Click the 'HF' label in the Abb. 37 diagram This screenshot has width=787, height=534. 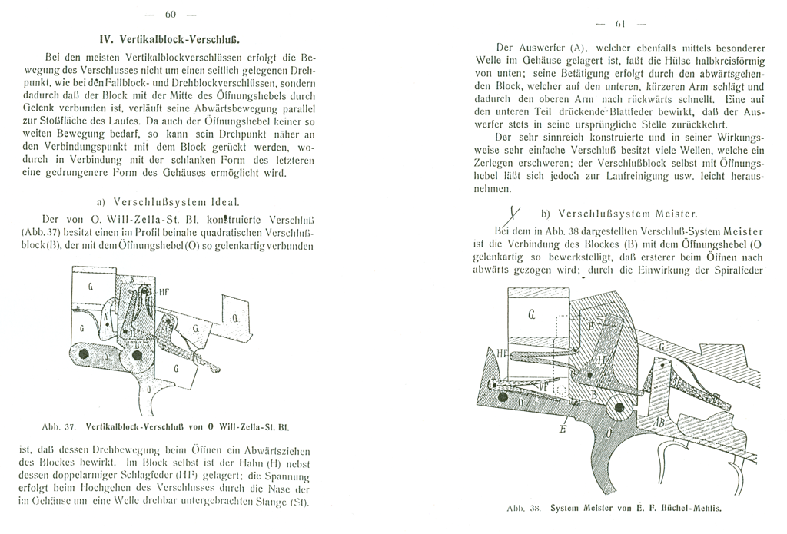166,291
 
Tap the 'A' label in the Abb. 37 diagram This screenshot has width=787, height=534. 105,317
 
